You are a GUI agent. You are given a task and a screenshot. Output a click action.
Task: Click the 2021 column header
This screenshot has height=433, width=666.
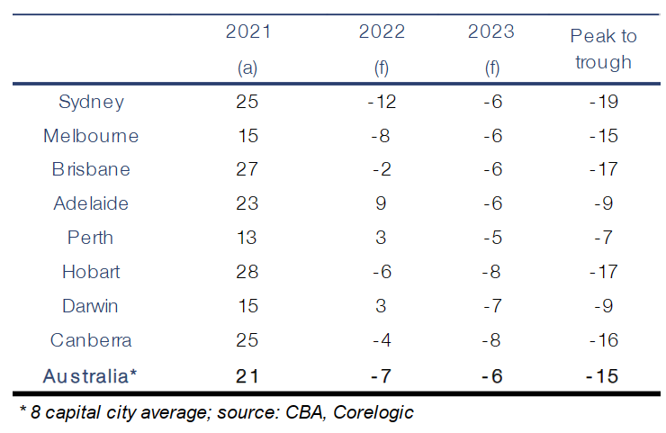[247, 32]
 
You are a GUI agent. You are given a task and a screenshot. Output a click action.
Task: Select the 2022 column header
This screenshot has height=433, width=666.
[382, 32]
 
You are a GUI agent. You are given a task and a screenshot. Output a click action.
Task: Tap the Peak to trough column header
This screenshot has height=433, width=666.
[603, 49]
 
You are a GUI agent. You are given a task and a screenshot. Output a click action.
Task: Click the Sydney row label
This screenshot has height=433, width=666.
[91, 101]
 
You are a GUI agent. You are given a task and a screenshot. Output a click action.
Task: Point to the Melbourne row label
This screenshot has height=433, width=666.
[91, 135]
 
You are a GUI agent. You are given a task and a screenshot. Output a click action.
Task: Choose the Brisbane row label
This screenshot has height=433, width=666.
[90, 169]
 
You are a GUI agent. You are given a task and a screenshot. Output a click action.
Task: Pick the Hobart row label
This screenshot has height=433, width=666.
[91, 272]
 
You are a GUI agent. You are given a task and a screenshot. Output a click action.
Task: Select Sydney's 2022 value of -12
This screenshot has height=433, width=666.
[382, 101]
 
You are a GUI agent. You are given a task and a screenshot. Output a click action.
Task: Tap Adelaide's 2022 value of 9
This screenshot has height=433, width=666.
[381, 203]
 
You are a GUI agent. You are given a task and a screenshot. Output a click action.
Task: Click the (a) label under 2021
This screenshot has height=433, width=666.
[247, 68]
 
